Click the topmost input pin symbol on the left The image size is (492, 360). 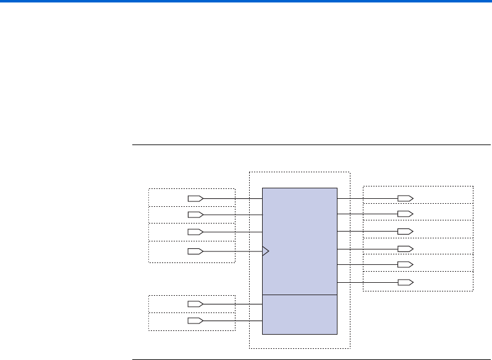(x=195, y=198)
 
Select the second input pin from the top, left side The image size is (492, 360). (x=195, y=214)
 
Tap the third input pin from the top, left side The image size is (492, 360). (x=195, y=232)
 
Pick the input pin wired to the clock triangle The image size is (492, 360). (x=195, y=251)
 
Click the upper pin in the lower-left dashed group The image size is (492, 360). (x=195, y=304)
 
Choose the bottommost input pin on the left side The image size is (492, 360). (x=195, y=321)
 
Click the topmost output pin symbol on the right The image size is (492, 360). (x=405, y=198)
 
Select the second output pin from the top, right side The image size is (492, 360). (x=405, y=214)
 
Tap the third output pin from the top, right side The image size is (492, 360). (x=405, y=231)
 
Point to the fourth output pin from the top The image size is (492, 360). (x=405, y=249)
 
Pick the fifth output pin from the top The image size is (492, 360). (x=405, y=264)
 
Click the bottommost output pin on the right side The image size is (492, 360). (x=405, y=282)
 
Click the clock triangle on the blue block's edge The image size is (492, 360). (x=266, y=251)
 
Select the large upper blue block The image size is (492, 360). (x=300, y=241)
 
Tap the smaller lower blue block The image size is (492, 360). (x=300, y=314)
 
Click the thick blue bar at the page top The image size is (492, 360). (x=246, y=2)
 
